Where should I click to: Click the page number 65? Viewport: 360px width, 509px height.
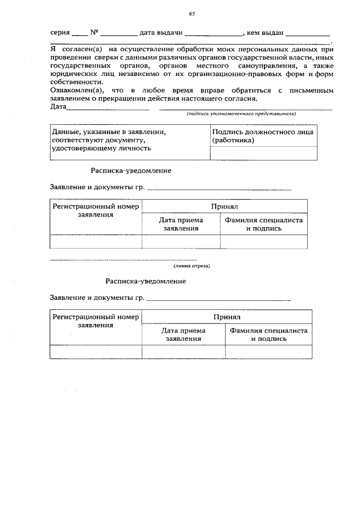coord(192,13)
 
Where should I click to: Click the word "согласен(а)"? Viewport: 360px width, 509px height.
coord(78,49)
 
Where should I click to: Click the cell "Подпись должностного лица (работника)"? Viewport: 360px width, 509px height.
coord(263,136)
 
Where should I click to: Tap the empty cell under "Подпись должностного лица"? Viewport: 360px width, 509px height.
coord(263,153)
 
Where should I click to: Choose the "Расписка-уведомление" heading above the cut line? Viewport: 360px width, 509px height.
coord(131,169)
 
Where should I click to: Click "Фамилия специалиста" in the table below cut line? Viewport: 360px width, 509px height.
coord(267,331)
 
